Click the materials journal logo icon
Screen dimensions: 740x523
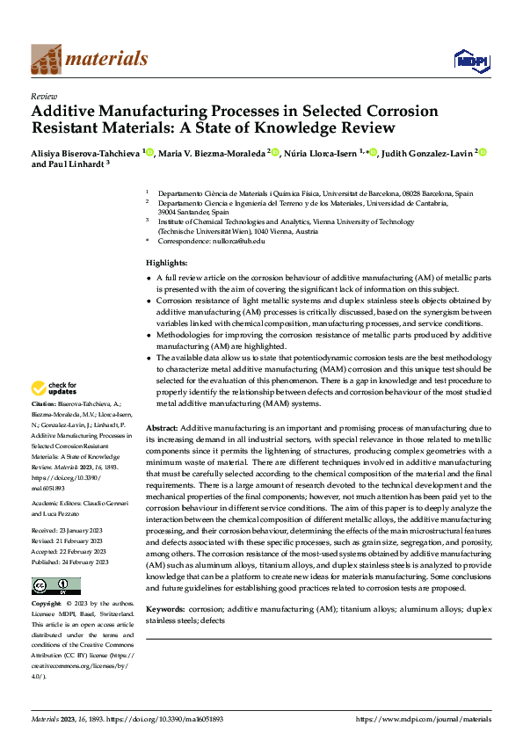(x=46, y=58)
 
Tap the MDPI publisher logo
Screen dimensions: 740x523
(x=470, y=59)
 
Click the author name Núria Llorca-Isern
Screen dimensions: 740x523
(x=323, y=152)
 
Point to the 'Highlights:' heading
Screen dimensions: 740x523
(x=166, y=263)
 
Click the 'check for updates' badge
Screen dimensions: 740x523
(x=55, y=388)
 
